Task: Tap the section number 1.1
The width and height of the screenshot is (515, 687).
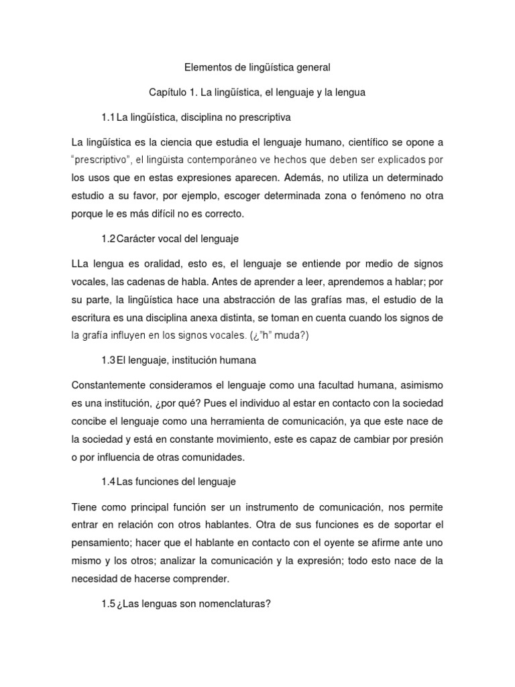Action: click(x=109, y=117)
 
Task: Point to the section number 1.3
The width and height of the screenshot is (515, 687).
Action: click(x=109, y=360)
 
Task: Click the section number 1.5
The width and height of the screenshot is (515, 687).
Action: click(x=109, y=603)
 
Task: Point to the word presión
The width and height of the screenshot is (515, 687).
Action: click(x=426, y=439)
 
